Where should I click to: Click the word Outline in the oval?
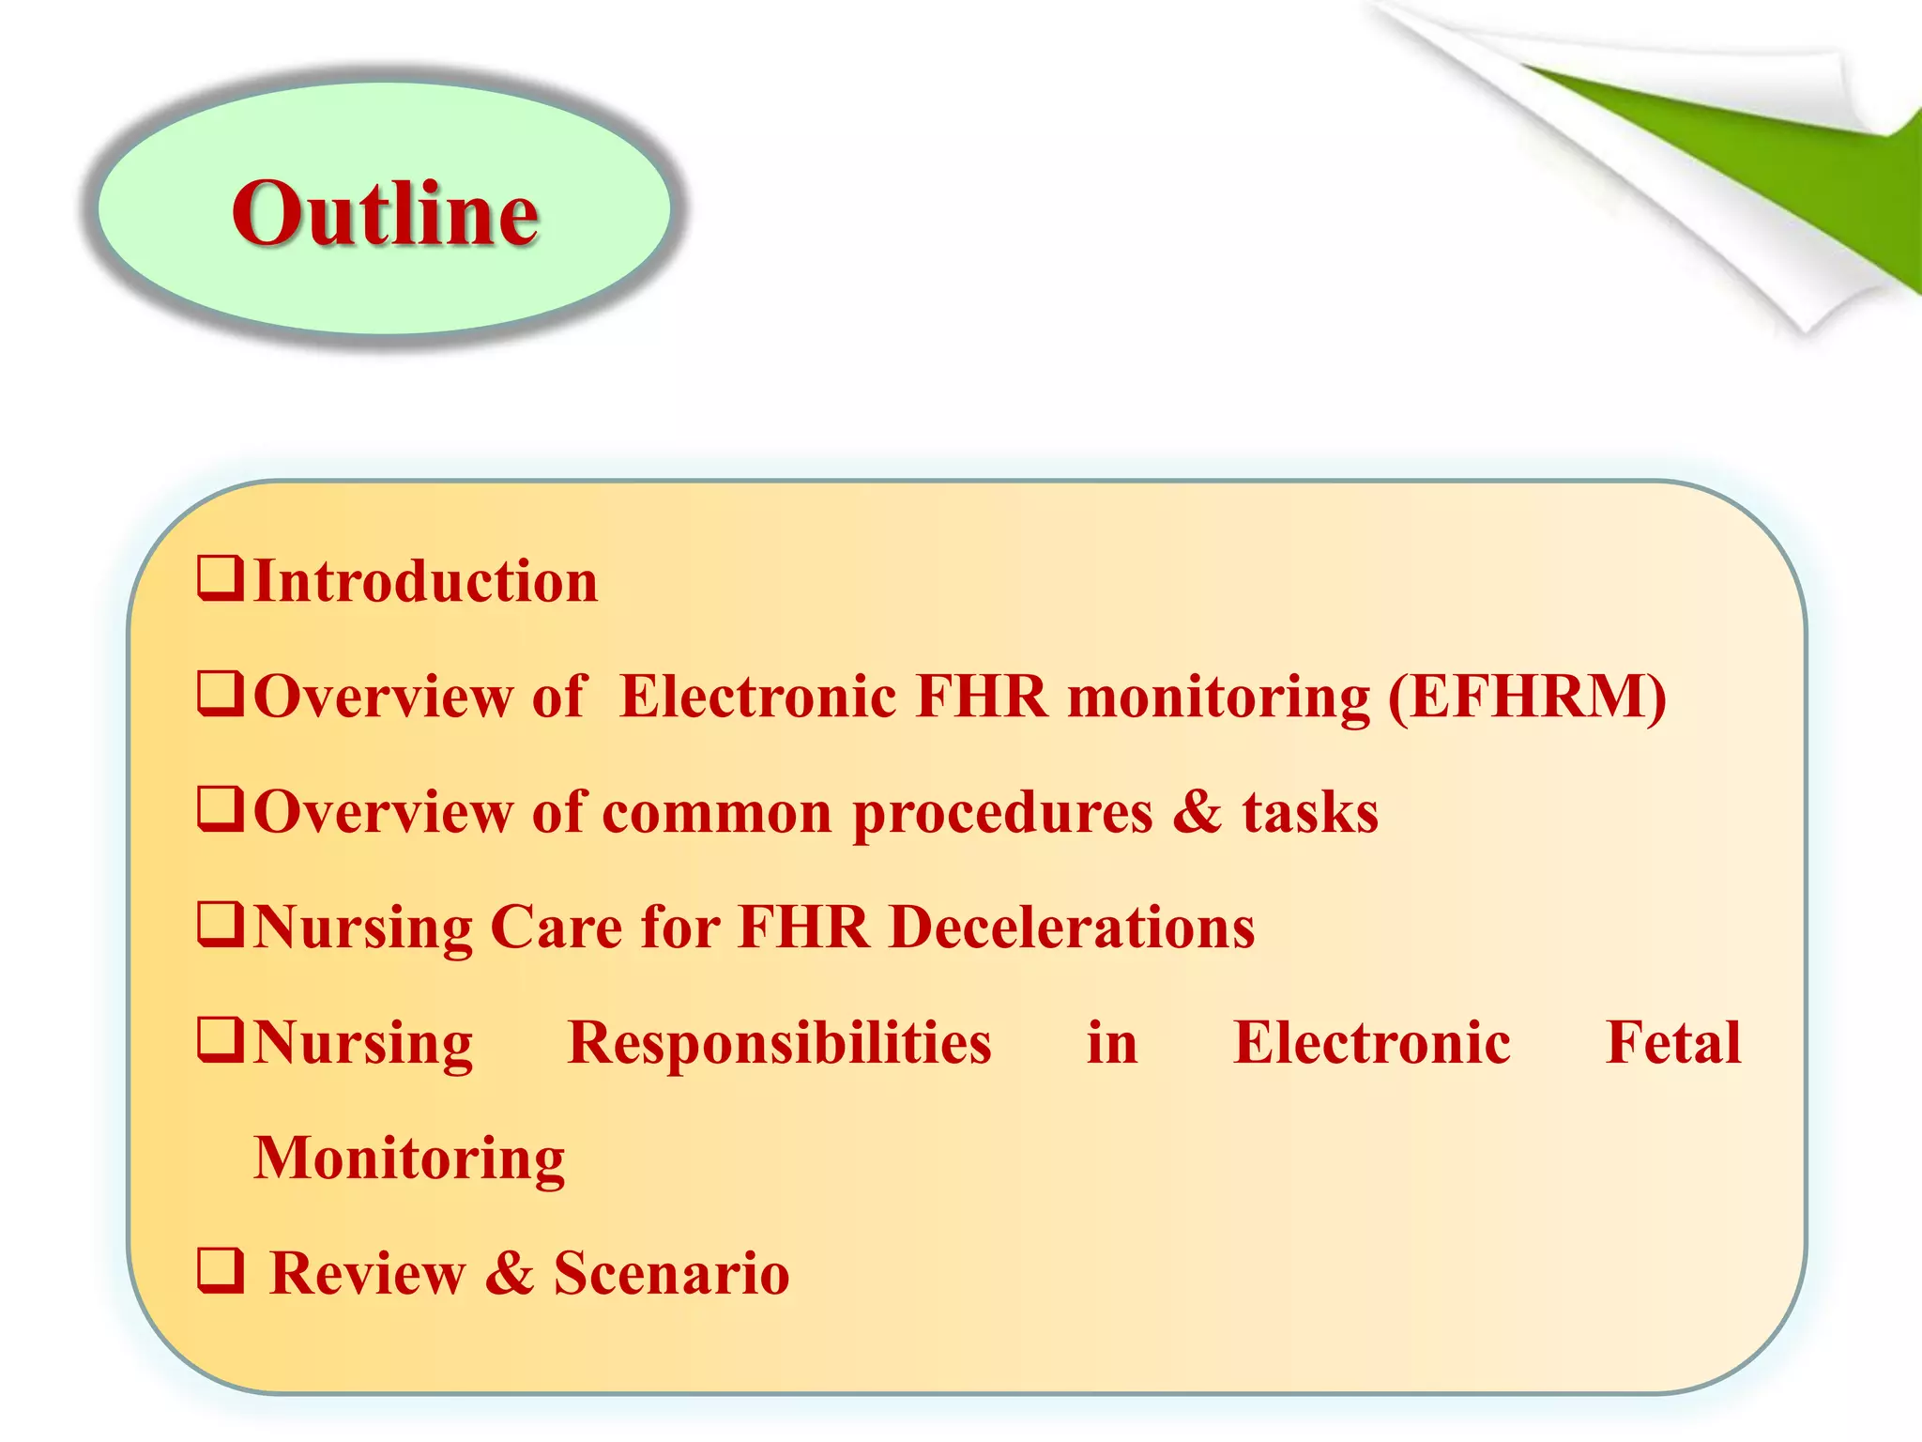[x=385, y=214]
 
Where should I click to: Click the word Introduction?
[x=426, y=581]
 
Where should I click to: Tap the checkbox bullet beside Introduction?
[x=221, y=578]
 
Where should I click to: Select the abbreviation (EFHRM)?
[x=1527, y=698]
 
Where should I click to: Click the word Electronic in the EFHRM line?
[x=758, y=697]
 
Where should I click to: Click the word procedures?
[x=1002, y=813]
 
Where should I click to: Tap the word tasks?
[x=1310, y=813]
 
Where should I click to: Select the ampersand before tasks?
[x=1197, y=812]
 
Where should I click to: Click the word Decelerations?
[x=1072, y=928]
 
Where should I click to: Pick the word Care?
[x=556, y=928]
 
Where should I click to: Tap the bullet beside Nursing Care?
[x=221, y=925]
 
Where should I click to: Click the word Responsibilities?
[x=779, y=1043]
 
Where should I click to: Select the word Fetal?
[x=1673, y=1042]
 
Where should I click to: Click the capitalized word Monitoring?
[x=410, y=1158]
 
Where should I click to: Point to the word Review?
[x=367, y=1274]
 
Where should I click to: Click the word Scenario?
[x=671, y=1274]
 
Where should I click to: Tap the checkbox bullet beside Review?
[x=221, y=1271]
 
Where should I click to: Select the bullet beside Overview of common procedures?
[x=221, y=809]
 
